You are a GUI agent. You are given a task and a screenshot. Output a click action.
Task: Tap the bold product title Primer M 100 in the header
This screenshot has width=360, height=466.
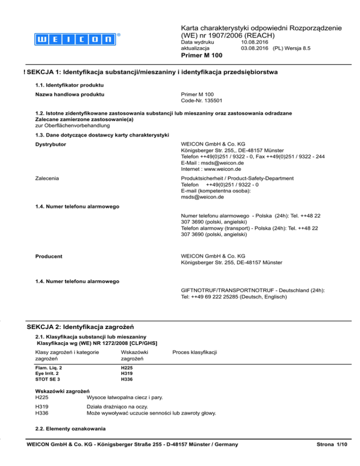(201, 55)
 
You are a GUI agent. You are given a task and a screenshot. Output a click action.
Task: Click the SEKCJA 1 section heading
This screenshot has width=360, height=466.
(153, 72)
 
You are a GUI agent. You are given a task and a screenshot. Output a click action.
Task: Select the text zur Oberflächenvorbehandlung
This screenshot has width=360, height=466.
(73, 126)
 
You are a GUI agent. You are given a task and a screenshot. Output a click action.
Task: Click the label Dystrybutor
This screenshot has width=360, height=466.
(51, 144)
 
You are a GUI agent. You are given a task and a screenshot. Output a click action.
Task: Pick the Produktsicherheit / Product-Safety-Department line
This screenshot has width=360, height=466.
(237, 178)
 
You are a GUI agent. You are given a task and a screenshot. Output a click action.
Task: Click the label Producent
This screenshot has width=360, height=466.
(50, 256)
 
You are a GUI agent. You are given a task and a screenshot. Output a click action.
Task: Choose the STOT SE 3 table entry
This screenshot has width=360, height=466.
(47, 378)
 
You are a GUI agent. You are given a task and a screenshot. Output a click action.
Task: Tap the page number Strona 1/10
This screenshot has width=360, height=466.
(334, 444)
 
